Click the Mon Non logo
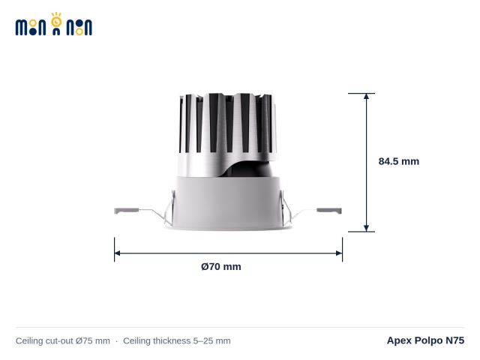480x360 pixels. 54,24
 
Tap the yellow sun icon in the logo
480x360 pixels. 56,20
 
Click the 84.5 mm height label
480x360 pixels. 398,161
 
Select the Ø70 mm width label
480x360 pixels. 221,267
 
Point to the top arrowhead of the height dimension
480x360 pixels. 366,96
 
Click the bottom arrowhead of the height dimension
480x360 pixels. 366,228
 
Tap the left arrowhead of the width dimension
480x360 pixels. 118,253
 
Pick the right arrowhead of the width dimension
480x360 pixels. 339,253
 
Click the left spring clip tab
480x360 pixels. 127,211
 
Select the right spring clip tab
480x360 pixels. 329,211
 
